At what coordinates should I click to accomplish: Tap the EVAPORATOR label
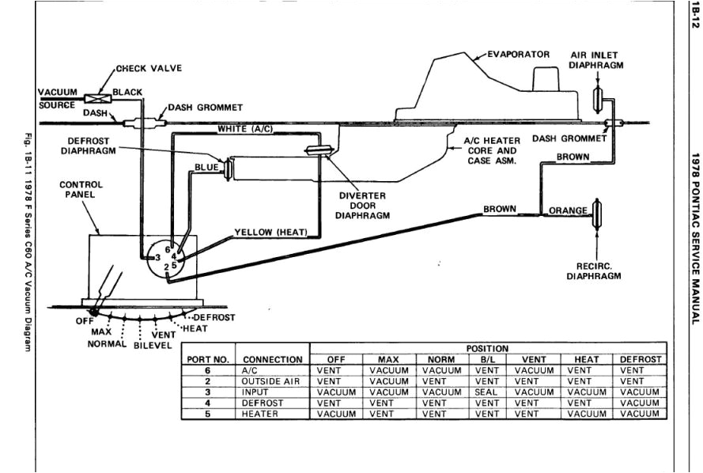tap(519, 55)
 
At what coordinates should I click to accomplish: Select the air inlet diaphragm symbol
tap(598, 99)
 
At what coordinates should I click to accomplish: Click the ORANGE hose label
tap(569, 210)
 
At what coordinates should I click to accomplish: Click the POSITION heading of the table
tap(487, 348)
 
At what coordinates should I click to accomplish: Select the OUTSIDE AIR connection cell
tap(270, 380)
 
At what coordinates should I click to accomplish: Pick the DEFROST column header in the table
tap(641, 359)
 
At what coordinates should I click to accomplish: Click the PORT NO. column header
tap(207, 359)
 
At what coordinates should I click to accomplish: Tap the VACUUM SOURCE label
tap(58, 98)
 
